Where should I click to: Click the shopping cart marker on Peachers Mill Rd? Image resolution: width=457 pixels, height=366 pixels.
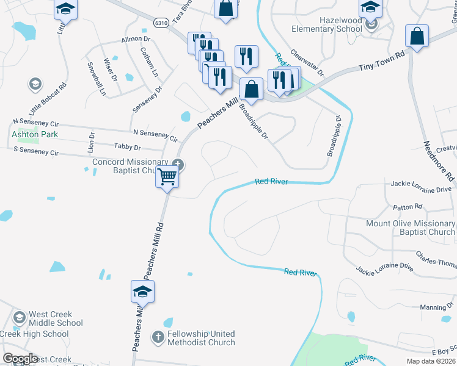point(167,178)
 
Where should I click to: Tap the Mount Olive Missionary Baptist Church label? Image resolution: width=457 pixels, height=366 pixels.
point(410,228)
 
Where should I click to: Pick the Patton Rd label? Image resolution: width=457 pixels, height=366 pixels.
point(409,207)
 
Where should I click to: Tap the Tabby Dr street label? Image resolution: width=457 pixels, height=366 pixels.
point(127,147)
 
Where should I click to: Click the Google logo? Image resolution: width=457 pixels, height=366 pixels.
point(20,359)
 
